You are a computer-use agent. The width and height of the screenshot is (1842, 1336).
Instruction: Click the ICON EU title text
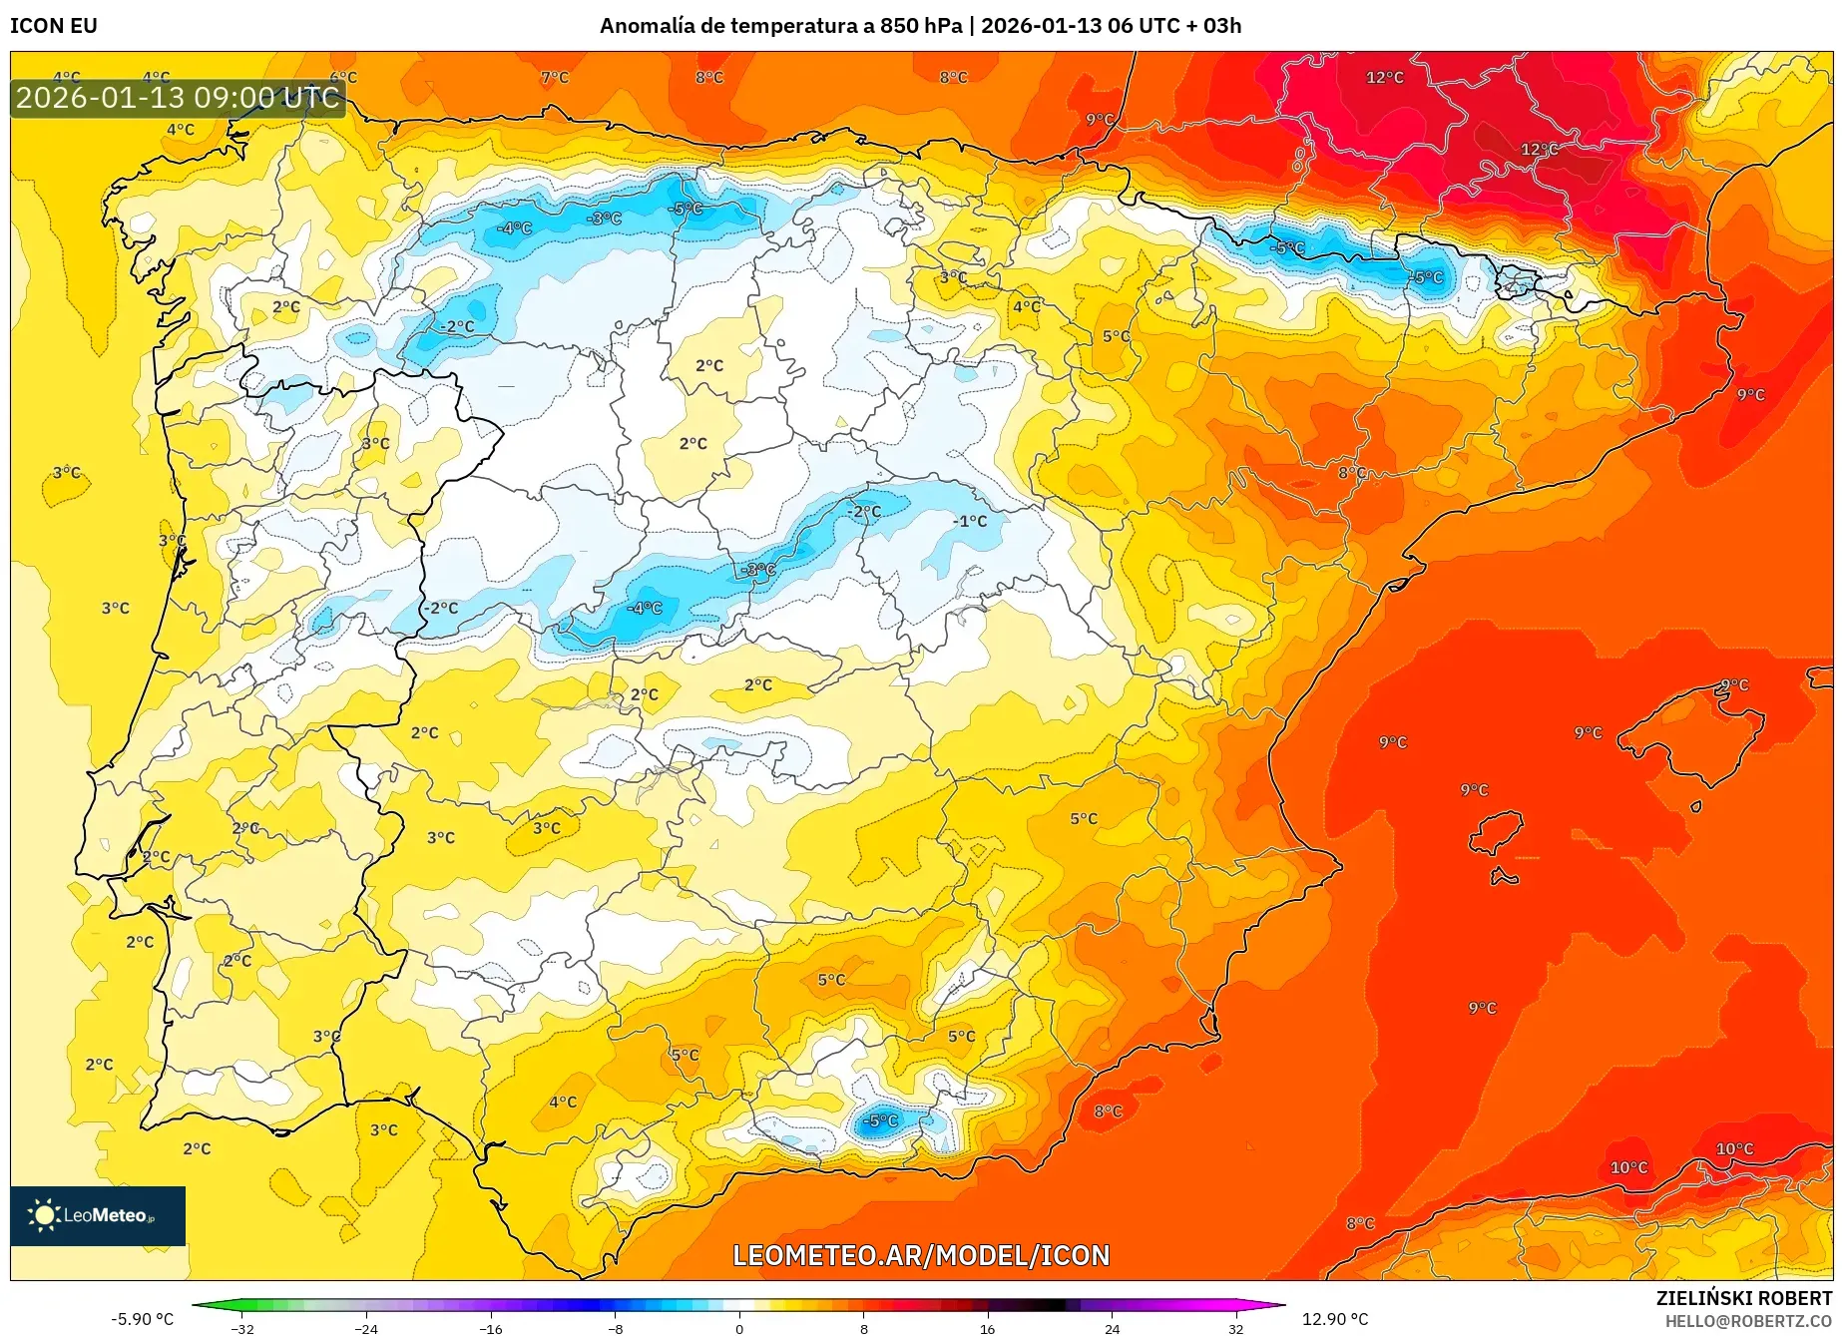tap(54, 26)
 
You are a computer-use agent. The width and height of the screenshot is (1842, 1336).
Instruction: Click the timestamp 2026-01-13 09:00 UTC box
tap(178, 98)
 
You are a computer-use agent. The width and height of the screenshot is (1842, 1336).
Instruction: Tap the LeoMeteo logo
tap(98, 1215)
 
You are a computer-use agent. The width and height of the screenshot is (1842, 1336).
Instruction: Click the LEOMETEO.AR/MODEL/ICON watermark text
tap(920, 1255)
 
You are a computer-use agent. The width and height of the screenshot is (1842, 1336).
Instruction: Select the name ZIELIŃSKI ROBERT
tap(1743, 1298)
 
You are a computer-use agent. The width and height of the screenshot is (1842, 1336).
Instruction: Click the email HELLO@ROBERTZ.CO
tap(1747, 1321)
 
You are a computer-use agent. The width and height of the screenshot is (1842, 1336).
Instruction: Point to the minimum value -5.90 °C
tap(142, 1319)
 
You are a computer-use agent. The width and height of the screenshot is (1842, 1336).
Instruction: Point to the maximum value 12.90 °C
tap(1335, 1319)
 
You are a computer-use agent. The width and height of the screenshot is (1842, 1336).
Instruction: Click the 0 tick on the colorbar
tap(739, 1328)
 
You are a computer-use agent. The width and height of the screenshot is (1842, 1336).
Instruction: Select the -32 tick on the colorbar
tap(242, 1328)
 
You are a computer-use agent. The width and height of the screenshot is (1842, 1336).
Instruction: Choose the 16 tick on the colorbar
tap(987, 1328)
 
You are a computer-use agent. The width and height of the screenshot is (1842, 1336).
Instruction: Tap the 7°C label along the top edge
tap(555, 78)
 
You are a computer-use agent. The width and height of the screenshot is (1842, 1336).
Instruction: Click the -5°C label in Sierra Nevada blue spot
tap(880, 1120)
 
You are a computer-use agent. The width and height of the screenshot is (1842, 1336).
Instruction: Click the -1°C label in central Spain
tap(969, 521)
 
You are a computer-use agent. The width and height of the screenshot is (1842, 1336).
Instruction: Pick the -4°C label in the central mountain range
tap(645, 608)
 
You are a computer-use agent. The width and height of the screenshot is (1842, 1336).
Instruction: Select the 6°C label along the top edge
tap(343, 78)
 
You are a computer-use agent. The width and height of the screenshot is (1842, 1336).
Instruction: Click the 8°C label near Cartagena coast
tap(1108, 1111)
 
